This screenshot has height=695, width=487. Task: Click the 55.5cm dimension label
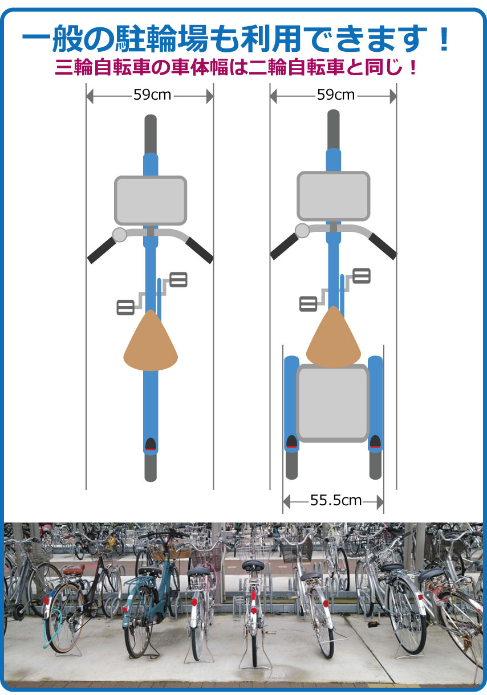click(x=336, y=500)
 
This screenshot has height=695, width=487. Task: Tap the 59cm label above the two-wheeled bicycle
click(x=152, y=95)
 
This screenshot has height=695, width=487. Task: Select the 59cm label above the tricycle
click(x=336, y=95)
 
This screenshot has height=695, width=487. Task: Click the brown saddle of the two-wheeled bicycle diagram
click(x=151, y=340)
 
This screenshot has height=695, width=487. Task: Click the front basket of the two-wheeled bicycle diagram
click(x=151, y=201)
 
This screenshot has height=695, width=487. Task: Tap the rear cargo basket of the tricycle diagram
click(x=333, y=403)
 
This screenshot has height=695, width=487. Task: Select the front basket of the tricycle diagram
click(x=334, y=196)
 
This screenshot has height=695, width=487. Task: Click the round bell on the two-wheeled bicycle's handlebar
click(x=120, y=235)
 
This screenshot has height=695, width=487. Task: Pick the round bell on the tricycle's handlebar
click(x=302, y=231)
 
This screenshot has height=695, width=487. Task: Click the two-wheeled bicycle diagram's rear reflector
click(x=151, y=444)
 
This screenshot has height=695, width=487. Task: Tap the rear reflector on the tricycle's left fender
click(x=291, y=441)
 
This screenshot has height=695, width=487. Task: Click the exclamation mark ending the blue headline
click(x=444, y=39)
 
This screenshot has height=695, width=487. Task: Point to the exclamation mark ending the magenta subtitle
click(x=412, y=67)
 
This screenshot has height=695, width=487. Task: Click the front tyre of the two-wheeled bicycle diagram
click(x=151, y=134)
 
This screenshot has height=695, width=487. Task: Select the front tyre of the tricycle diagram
click(x=334, y=129)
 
